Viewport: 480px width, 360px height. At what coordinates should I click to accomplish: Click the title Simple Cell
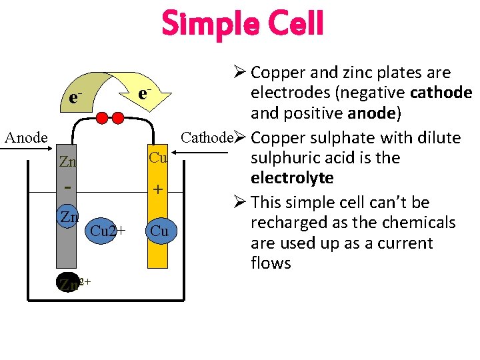(242, 24)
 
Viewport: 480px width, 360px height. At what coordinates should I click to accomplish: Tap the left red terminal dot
(103, 119)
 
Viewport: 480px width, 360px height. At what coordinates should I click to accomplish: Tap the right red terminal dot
(118, 119)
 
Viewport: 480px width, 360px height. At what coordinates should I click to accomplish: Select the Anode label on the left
(26, 138)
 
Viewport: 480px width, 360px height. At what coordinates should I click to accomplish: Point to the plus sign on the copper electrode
(157, 190)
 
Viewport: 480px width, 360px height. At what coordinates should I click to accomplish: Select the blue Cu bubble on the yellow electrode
(159, 231)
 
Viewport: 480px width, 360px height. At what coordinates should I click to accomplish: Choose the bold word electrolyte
(292, 178)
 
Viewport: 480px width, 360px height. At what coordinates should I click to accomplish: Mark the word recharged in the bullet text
(287, 222)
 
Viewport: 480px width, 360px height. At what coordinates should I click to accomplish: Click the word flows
(271, 263)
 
